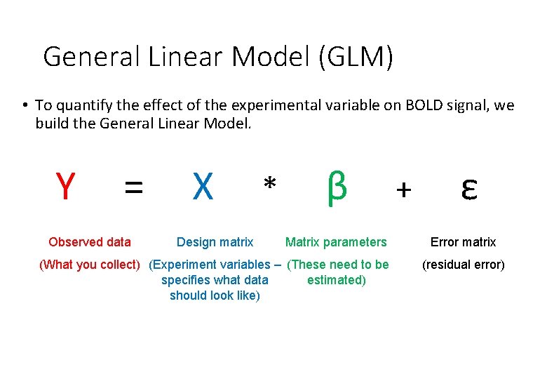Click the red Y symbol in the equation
click(65, 187)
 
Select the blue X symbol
click(203, 187)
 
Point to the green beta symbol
click(337, 185)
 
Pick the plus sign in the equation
click(404, 189)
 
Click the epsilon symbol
click(469, 189)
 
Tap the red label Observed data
click(90, 242)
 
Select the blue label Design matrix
click(215, 242)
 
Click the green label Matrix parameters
click(336, 242)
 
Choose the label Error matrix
click(463, 242)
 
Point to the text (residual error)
click(463, 265)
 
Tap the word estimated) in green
click(337, 280)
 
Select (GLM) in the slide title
click(356, 57)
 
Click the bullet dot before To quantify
click(24, 106)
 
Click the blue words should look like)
click(215, 295)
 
